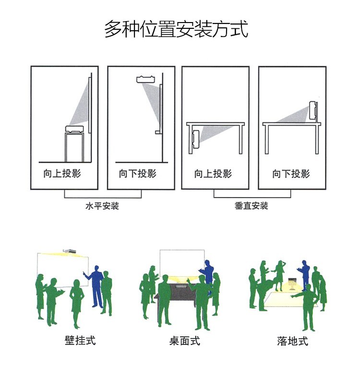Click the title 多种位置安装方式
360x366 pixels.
pyautogui.click(x=176, y=29)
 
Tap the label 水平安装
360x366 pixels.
pyautogui.click(x=102, y=206)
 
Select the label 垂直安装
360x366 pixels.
pyautogui.click(x=251, y=206)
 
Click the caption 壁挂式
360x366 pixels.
pyautogui.click(x=80, y=340)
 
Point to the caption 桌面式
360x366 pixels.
pyautogui.click(x=184, y=341)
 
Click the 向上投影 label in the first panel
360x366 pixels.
pyautogui.click(x=62, y=174)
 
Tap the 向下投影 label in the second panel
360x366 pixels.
pyautogui.click(x=138, y=174)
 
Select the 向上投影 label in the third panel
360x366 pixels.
pyautogui.click(x=213, y=174)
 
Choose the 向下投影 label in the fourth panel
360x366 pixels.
pyautogui.click(x=291, y=174)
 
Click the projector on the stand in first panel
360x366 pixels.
pyautogui.click(x=74, y=130)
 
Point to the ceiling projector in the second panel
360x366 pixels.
pyautogui.click(x=145, y=79)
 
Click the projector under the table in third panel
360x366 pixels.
pyautogui.click(x=195, y=140)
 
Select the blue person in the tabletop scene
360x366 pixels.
pyautogui.click(x=207, y=274)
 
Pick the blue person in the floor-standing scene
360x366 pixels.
pyautogui.click(x=304, y=274)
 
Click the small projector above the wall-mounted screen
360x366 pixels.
pyautogui.click(x=70, y=251)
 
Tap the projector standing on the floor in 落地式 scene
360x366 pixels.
pyautogui.click(x=292, y=283)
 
